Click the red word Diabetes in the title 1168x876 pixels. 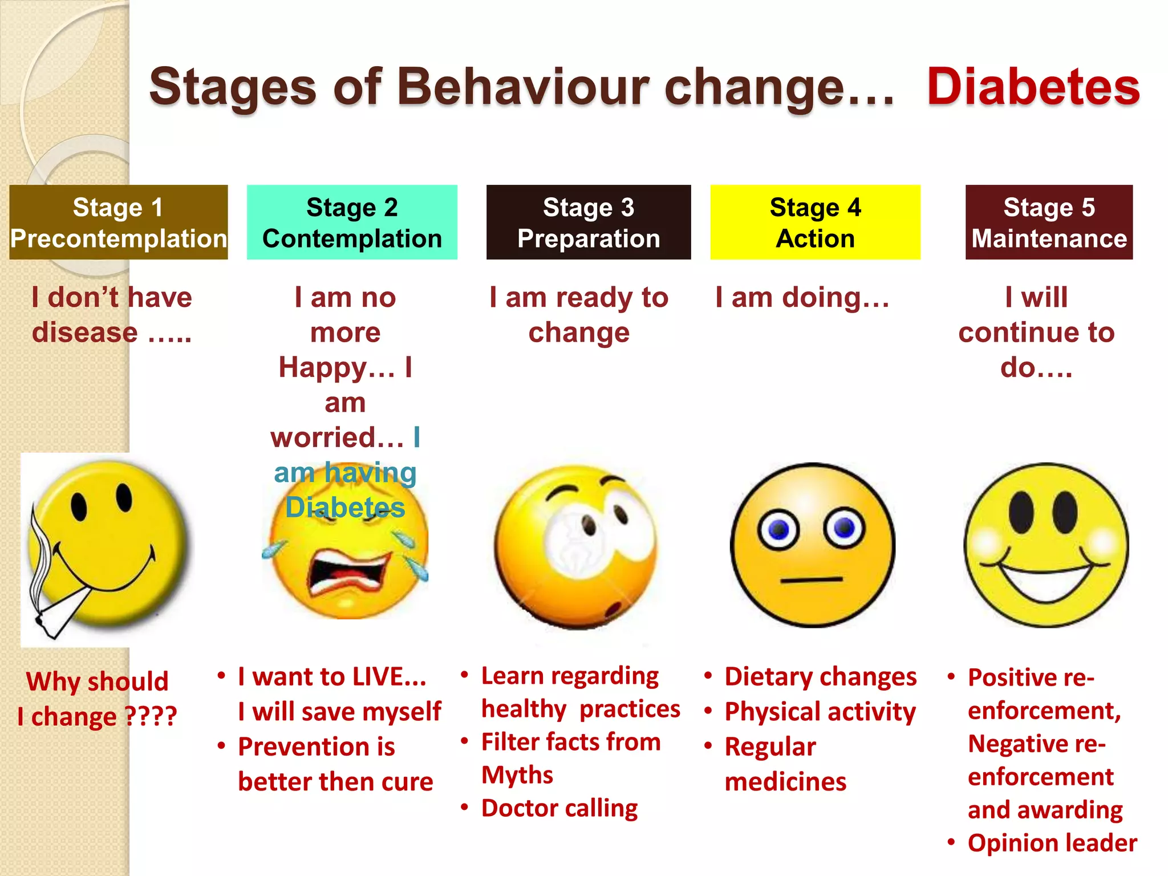[x=1033, y=87]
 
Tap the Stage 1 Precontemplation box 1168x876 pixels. [x=119, y=222]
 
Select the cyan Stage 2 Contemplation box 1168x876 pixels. [x=352, y=222]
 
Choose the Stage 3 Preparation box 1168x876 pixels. [x=589, y=222]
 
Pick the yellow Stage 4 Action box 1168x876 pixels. [x=815, y=222]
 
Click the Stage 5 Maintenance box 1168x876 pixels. [x=1049, y=222]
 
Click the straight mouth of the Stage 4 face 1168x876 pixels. [x=812, y=580]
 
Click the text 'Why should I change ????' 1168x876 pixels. [x=97, y=699]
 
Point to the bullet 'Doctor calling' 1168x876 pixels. [x=559, y=808]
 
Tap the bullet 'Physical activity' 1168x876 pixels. [x=820, y=712]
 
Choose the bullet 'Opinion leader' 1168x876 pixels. [x=1052, y=843]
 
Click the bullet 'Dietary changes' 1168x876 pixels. [x=820, y=677]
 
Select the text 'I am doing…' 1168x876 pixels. [x=802, y=298]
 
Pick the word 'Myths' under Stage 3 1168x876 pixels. [x=517, y=775]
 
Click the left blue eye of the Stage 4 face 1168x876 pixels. [x=778, y=530]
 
